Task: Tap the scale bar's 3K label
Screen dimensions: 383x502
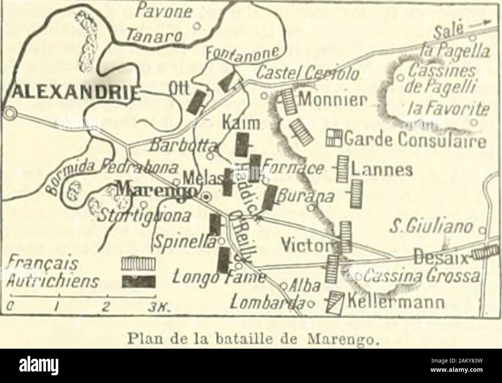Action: click(x=148, y=307)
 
